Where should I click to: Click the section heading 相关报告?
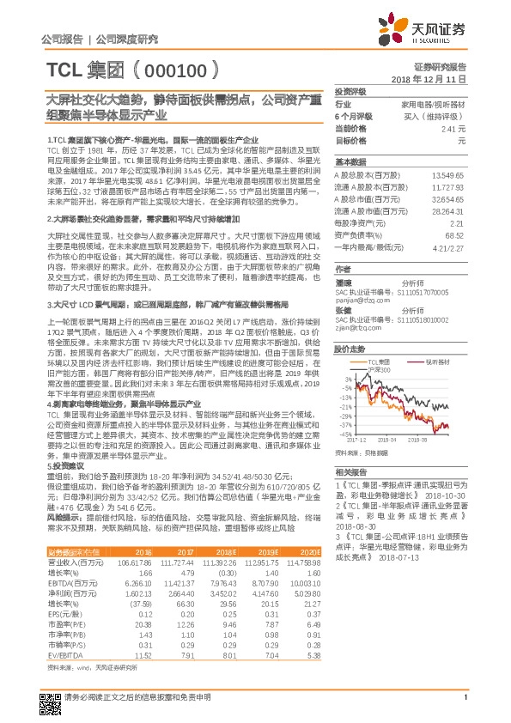pyautogui.click(x=351, y=472)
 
